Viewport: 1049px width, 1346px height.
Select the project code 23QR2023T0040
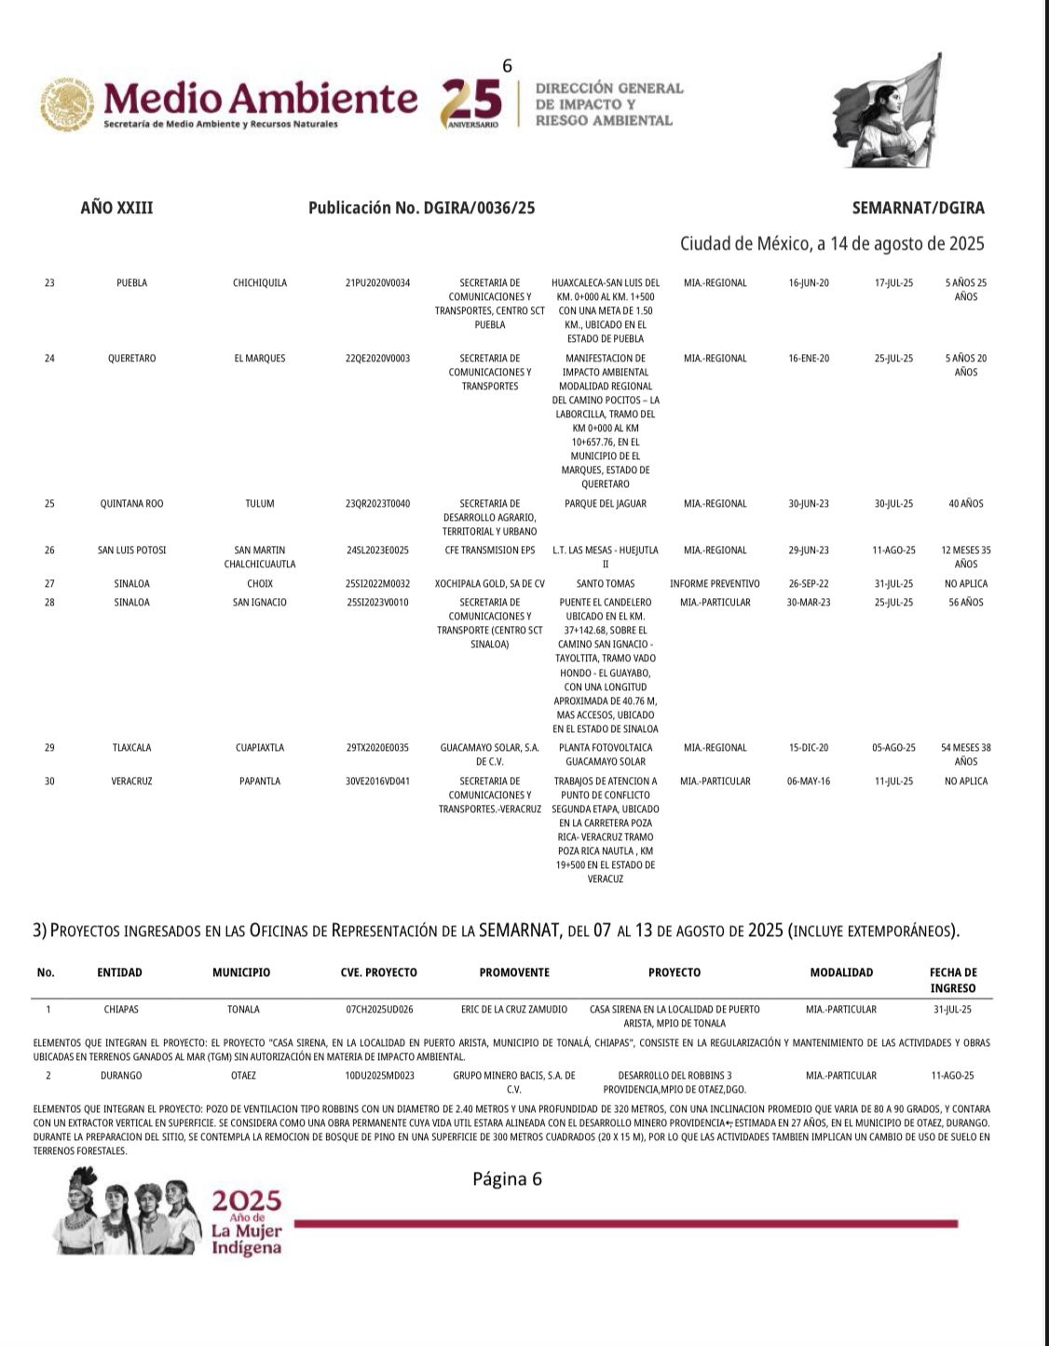377,504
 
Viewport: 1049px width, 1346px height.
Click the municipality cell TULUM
260,504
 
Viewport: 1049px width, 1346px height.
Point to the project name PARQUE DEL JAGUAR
606,504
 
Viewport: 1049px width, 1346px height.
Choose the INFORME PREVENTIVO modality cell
715,584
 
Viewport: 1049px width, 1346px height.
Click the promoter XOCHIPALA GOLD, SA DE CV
489,584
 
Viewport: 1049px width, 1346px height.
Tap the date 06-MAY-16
809,782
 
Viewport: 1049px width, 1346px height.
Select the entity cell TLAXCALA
131,748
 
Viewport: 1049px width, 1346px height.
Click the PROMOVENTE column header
514,972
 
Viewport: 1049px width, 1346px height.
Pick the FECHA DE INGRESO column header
952,980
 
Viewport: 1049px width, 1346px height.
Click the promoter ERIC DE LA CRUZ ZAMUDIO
513,1009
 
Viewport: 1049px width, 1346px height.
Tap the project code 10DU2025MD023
379,1076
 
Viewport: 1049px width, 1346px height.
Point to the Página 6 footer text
507,1179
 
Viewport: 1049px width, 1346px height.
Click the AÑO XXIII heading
116,209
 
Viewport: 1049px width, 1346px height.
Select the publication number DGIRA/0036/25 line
421,209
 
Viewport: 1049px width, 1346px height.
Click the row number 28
49,603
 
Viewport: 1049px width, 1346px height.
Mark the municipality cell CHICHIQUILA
260,283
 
